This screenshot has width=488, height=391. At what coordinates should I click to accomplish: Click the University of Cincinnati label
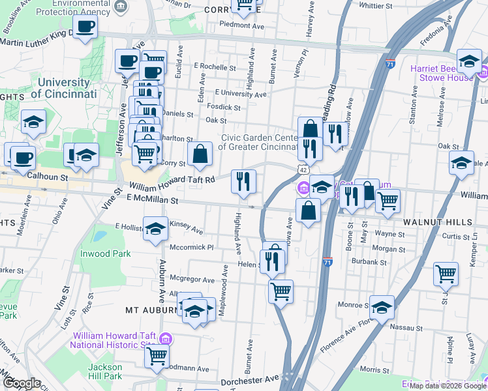point(63,88)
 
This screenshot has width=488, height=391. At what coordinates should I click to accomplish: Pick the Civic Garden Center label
point(260,142)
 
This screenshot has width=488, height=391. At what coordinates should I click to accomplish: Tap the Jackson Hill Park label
point(104,371)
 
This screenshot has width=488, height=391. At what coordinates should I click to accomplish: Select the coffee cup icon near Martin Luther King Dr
point(85,27)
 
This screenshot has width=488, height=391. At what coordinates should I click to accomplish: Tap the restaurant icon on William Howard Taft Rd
point(244,181)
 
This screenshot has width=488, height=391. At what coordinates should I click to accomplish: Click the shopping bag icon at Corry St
point(200,154)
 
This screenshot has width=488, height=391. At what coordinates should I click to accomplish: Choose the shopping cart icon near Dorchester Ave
point(157,356)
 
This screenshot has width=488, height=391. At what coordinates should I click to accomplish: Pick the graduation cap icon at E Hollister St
point(155,229)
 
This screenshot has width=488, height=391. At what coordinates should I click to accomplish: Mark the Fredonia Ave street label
point(435,41)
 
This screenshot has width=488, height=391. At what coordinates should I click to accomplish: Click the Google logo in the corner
point(22,383)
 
